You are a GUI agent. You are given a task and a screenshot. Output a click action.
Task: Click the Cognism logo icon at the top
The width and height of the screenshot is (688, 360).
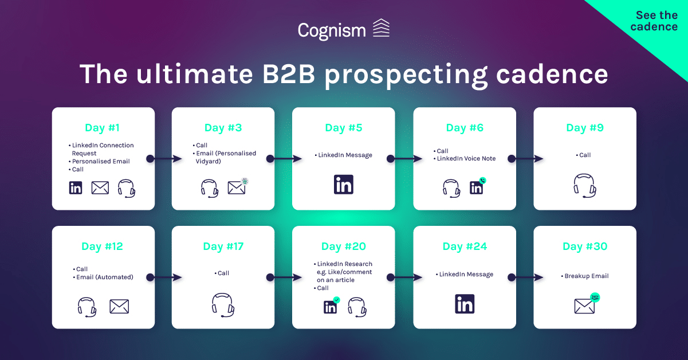[x=381, y=28]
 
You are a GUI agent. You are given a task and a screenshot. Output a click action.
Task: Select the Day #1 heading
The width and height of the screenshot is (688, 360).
[x=103, y=128]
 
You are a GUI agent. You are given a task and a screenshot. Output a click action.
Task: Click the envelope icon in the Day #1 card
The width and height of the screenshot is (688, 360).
[x=100, y=187]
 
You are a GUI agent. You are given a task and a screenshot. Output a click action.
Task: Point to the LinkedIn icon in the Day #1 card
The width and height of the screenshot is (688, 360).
[x=76, y=187]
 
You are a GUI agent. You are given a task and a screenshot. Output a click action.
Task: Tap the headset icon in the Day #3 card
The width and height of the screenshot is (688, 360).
[x=209, y=188]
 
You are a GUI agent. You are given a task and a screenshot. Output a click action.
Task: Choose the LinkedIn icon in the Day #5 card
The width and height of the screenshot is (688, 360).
[x=344, y=185]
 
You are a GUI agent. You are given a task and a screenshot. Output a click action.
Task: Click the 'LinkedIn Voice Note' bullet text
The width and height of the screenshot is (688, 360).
[x=466, y=159]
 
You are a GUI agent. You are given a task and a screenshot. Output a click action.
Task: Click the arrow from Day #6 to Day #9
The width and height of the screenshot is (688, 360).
[x=523, y=159]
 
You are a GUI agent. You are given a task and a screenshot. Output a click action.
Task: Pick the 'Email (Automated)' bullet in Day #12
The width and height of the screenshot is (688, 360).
[x=104, y=277]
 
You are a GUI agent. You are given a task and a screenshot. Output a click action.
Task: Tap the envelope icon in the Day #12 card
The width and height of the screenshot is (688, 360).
[x=119, y=306]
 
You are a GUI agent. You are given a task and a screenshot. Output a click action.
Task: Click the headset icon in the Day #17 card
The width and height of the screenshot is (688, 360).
[x=223, y=304]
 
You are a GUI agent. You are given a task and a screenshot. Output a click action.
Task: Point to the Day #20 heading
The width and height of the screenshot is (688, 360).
[x=344, y=246]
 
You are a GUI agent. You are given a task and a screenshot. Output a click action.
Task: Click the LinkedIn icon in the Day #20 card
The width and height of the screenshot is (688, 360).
[x=331, y=307]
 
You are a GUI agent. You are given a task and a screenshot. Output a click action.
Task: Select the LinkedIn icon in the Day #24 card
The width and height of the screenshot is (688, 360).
[x=465, y=304]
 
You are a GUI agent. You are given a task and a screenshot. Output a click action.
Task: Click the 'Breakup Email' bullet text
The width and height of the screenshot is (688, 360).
[x=586, y=276]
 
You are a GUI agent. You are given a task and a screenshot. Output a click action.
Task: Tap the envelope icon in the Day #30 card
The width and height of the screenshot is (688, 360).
[x=584, y=306]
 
